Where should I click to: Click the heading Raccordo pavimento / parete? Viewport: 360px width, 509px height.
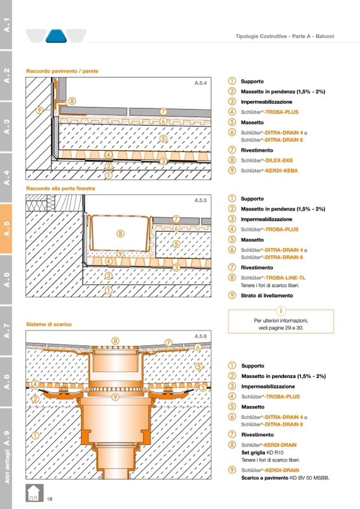(x=62, y=71)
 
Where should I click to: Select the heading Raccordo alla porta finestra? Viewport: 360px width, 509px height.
(x=61, y=188)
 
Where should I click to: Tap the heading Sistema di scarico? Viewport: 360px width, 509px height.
(x=49, y=324)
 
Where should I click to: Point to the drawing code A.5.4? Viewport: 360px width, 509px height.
(x=200, y=83)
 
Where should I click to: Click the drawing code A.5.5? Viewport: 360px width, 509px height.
(x=200, y=201)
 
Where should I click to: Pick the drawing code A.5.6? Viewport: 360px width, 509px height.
(x=200, y=336)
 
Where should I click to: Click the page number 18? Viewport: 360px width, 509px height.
(x=49, y=498)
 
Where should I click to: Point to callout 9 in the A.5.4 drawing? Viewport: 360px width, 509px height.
(x=40, y=110)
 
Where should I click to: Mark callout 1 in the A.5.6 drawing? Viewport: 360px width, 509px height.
(x=35, y=435)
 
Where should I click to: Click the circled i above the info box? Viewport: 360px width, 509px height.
(x=281, y=310)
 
